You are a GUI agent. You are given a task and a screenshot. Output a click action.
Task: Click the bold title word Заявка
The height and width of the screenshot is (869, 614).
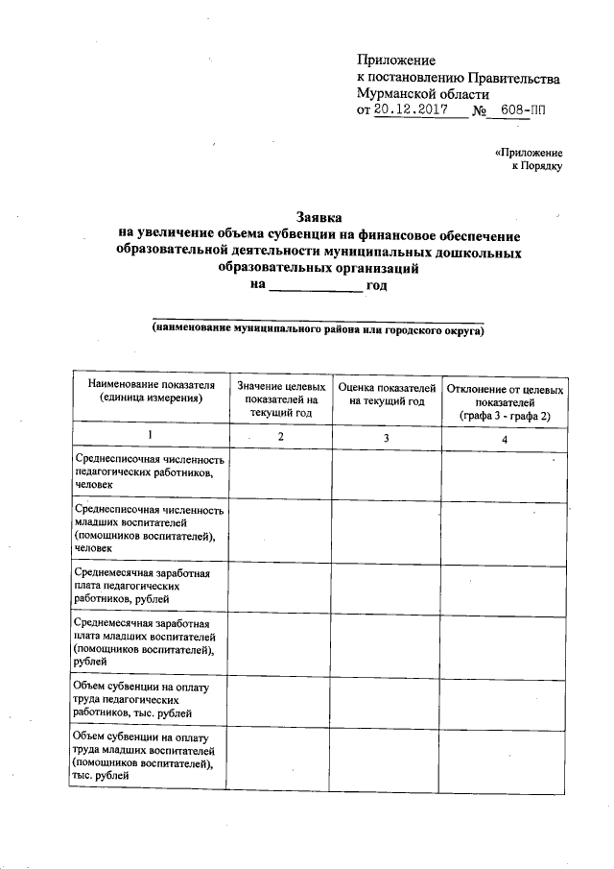click(318, 219)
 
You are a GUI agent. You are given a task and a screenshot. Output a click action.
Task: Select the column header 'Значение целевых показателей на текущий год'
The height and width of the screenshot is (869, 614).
click(280, 398)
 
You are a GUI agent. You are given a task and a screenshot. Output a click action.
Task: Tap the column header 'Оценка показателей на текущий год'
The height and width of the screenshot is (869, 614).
click(386, 394)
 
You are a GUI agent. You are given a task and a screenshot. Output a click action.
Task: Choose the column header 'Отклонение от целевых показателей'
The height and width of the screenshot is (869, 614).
click(504, 399)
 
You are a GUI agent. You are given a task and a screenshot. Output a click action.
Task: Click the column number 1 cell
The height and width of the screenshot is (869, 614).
click(149, 438)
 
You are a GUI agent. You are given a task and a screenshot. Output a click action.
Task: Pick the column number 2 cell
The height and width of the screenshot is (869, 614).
click(280, 438)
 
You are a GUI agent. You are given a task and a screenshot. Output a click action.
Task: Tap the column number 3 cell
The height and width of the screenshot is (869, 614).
click(386, 438)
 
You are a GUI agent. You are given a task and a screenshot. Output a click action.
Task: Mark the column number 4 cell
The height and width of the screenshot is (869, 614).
click(504, 438)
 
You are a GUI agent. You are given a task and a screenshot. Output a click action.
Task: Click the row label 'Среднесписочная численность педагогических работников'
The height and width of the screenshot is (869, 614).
click(149, 473)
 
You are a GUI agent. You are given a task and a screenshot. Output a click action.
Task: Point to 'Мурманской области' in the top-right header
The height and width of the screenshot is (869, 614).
click(422, 94)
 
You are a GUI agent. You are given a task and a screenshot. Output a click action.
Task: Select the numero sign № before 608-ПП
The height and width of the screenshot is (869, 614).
click(480, 111)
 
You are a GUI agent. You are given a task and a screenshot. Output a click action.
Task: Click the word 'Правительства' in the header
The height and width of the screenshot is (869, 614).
click(513, 78)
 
